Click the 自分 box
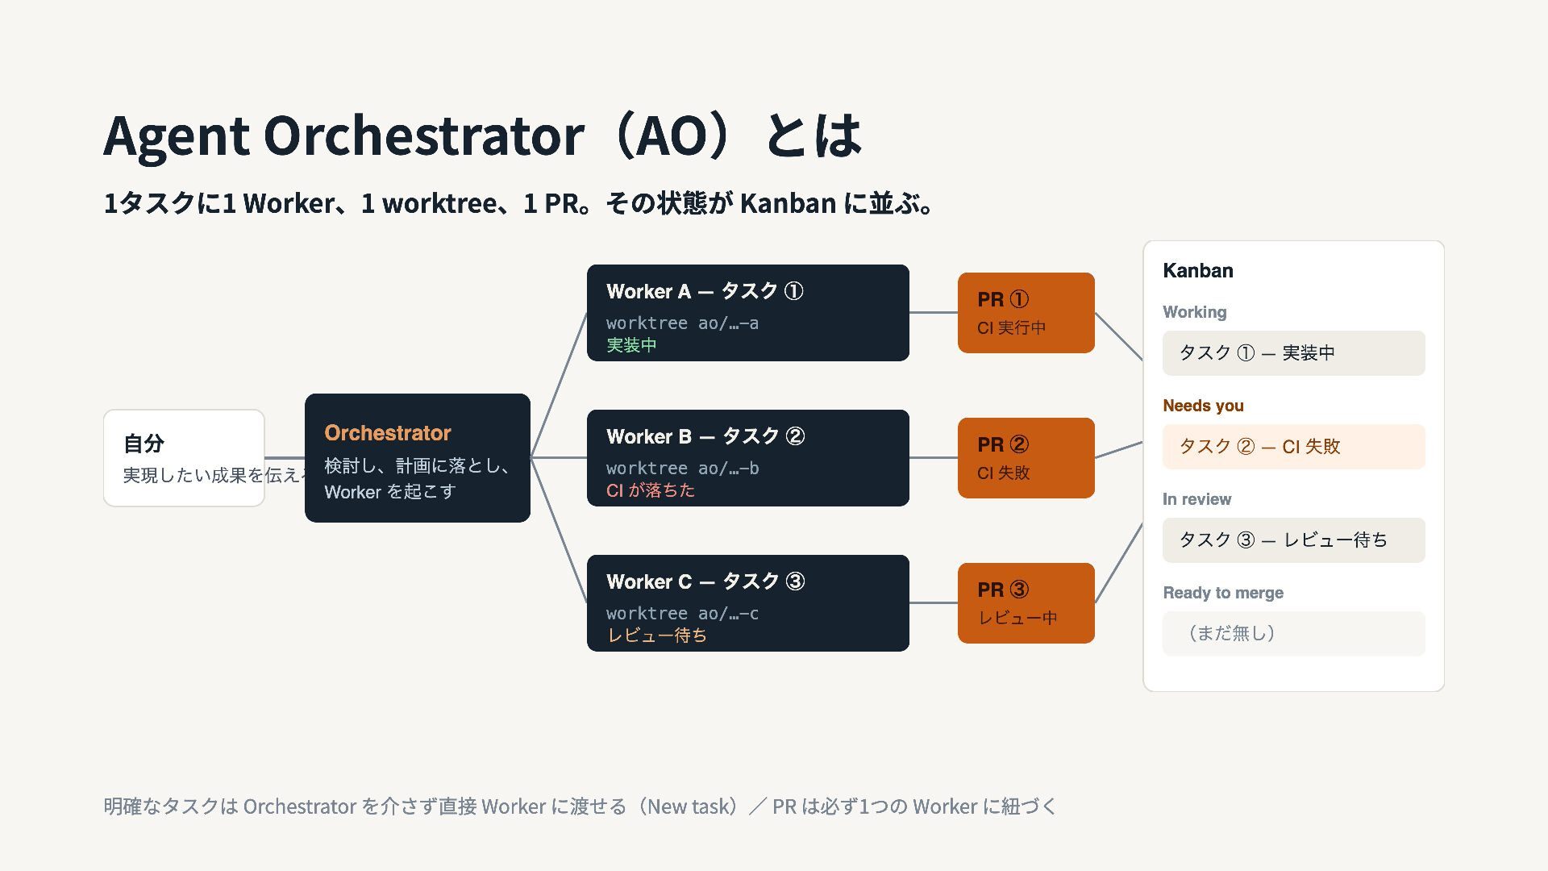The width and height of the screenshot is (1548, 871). (184, 458)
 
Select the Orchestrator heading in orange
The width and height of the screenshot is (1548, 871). (388, 433)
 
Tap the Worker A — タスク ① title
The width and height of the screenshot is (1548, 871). (705, 291)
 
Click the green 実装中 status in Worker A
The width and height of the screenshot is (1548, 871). (631, 345)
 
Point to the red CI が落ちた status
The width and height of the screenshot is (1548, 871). (651, 490)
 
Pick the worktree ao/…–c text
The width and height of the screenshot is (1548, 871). (682, 614)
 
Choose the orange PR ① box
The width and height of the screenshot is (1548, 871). (1026, 313)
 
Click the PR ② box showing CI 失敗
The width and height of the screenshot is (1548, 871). (1026, 458)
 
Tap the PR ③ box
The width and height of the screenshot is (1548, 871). (1026, 603)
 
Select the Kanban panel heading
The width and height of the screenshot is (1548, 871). (1198, 271)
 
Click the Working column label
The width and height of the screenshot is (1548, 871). (1195, 312)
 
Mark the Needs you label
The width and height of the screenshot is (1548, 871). (1203, 406)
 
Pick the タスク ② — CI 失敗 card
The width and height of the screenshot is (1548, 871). (1294, 447)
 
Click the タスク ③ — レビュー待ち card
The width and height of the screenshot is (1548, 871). (1294, 540)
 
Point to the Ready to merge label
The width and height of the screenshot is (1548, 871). (1223, 593)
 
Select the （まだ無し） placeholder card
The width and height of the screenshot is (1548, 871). (1294, 634)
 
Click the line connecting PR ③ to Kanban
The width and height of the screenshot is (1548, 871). (1119, 563)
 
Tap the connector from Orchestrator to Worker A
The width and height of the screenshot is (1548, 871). (559, 385)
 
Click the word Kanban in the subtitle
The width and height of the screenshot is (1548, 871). (788, 203)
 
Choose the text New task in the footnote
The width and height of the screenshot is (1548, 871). (690, 806)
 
